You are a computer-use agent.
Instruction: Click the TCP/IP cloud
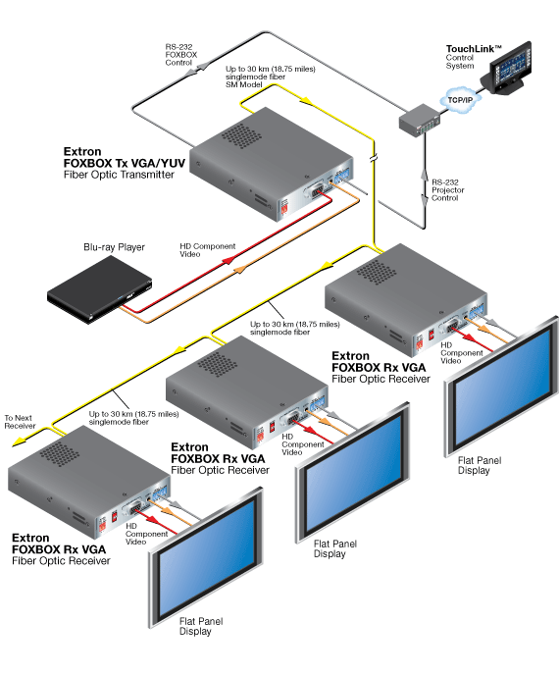(460, 99)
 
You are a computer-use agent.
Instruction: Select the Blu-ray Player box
(100, 289)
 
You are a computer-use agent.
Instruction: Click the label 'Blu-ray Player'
(114, 247)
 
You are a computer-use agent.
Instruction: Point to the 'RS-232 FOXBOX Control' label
(180, 55)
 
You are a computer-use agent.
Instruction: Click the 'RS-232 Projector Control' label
(448, 190)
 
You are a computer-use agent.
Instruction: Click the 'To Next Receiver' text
(20, 422)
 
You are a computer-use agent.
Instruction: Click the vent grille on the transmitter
(241, 135)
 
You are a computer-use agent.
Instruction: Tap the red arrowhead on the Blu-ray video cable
(228, 260)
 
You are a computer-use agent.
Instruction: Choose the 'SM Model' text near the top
(243, 84)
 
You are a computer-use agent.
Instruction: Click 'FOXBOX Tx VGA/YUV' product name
(125, 163)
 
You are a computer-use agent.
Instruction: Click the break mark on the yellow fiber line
(373, 158)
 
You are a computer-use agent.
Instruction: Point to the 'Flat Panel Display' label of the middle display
(335, 548)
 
